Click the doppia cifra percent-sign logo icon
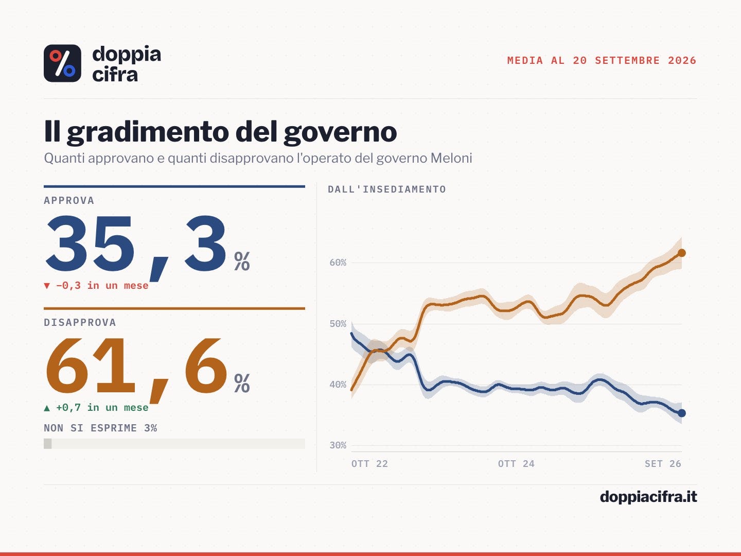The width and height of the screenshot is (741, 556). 62,63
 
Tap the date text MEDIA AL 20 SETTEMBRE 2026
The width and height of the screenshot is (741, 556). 602,60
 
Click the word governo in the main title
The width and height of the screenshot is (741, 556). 340,132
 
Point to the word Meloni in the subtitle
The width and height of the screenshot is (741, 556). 451,158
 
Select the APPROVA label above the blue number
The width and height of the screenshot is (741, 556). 69,201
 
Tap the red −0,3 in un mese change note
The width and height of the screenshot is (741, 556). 96,286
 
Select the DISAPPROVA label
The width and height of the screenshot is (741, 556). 80,322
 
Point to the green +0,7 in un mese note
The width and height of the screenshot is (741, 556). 96,407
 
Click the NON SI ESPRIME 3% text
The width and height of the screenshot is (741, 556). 100,428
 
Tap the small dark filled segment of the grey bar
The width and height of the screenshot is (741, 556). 48,444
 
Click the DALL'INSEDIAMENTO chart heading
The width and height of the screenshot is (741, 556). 387,189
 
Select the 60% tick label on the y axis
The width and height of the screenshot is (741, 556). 338,263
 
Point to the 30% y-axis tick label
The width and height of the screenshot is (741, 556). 338,445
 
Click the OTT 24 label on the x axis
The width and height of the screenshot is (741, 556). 516,464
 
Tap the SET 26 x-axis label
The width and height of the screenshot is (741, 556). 663,464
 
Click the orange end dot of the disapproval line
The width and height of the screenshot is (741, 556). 682,253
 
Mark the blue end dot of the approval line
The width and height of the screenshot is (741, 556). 682,413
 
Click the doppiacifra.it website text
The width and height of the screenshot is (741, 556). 648,497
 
